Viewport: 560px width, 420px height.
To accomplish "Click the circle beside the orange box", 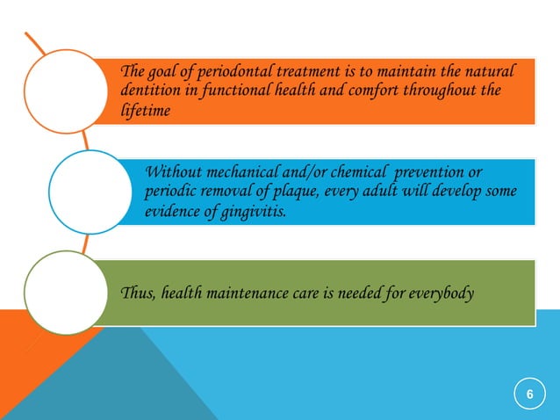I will (58, 91).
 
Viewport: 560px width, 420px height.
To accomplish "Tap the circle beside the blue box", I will (84, 190).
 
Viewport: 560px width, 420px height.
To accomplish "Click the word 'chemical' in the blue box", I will (327, 169).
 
